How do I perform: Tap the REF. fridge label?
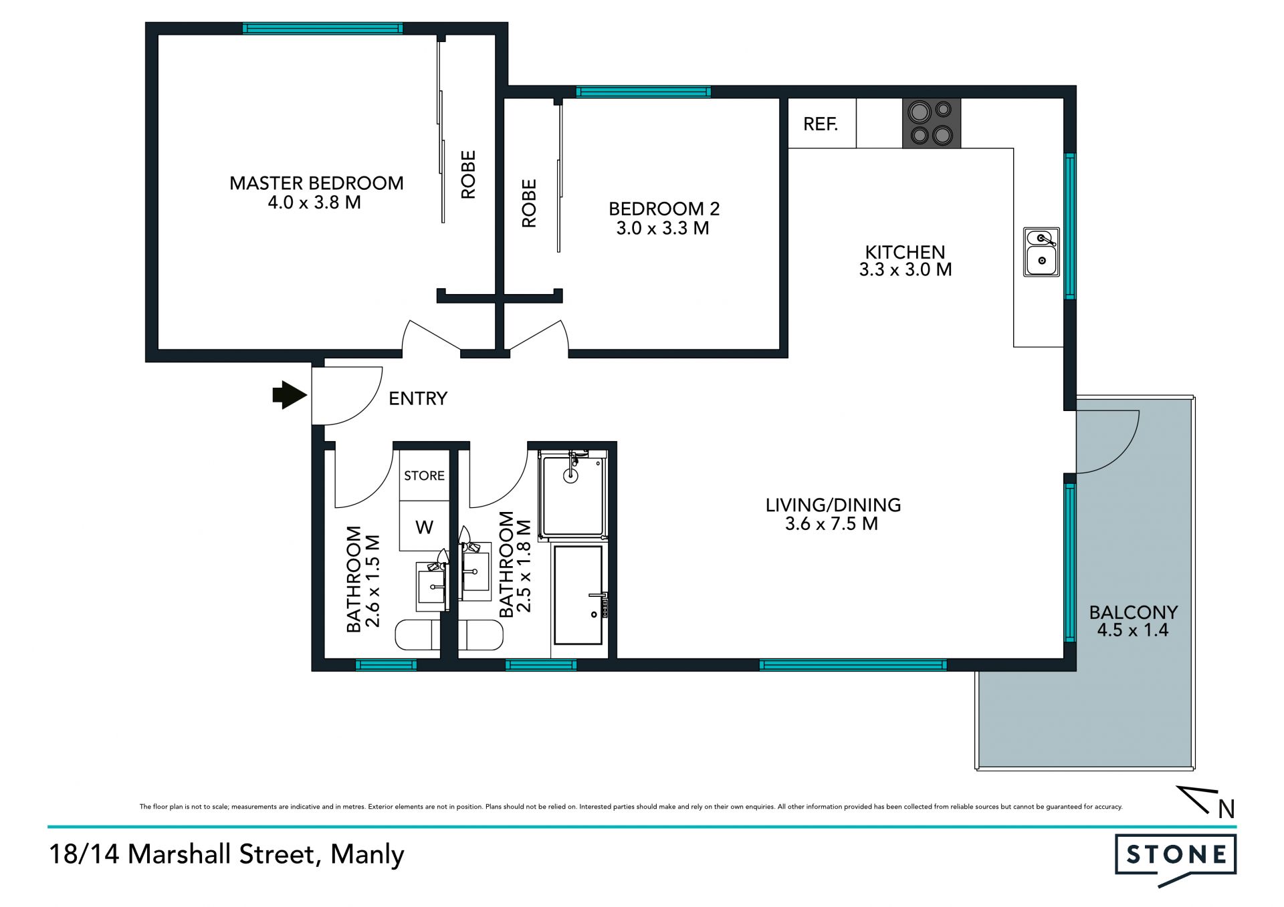[x=821, y=124]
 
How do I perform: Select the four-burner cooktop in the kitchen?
[x=932, y=123]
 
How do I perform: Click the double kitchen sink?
[x=1041, y=252]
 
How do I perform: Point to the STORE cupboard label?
[x=424, y=476]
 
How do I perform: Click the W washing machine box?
[x=424, y=527]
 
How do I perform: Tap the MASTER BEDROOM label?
[x=316, y=183]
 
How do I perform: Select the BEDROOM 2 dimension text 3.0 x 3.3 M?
[x=663, y=229]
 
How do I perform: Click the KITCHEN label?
[x=905, y=252]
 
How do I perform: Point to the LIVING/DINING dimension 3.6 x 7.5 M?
[x=831, y=524]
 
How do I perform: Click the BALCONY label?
[x=1133, y=612]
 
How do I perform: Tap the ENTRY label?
[x=418, y=398]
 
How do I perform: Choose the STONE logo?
[x=1176, y=858]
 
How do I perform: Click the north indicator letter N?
[x=1226, y=809]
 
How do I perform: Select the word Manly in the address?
[x=367, y=855]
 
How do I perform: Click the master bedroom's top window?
[x=322, y=28]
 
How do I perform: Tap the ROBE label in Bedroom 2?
[x=529, y=203]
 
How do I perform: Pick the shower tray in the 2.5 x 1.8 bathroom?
[x=572, y=495]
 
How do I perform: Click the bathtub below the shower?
[x=578, y=596]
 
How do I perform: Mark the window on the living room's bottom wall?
[x=853, y=664]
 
